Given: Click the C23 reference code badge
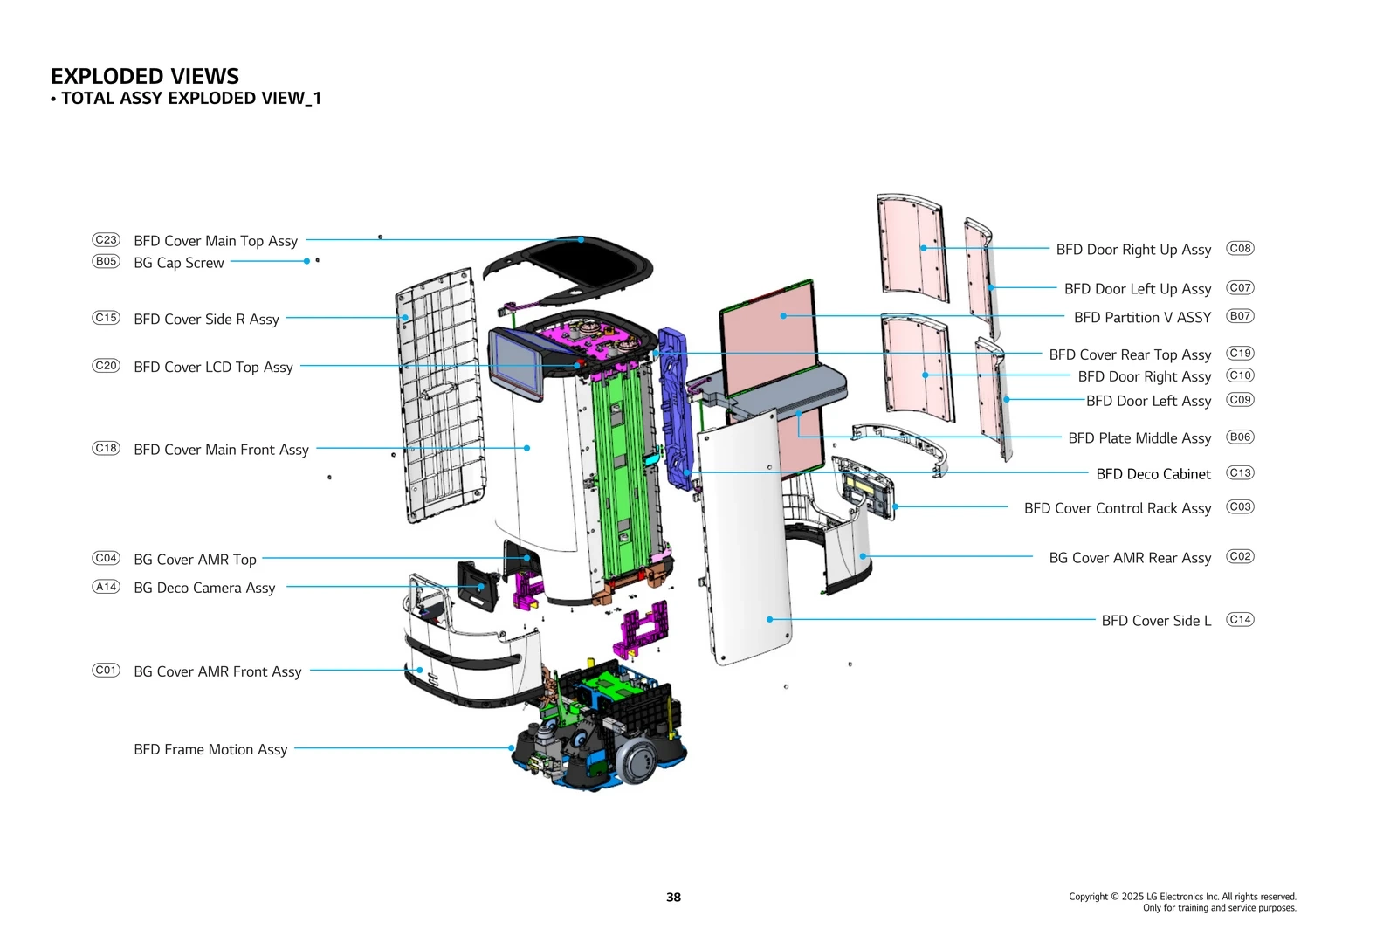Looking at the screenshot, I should click(106, 239).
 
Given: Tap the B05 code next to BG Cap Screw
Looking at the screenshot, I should click(106, 261).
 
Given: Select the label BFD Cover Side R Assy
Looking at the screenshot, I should click(206, 320).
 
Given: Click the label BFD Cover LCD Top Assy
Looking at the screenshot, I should click(213, 368).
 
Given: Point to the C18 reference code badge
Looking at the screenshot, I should click(106, 448).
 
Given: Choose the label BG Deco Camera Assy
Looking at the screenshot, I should click(204, 588).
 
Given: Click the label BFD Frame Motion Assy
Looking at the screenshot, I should click(210, 749).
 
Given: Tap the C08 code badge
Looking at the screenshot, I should click(1240, 248).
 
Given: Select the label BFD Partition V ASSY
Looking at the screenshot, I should click(1142, 318).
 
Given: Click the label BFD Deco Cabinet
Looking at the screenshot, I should click(1153, 474).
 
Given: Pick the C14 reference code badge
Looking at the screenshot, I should click(1240, 619).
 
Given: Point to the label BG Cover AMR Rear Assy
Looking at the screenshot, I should click(1130, 558).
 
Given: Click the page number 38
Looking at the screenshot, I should click(673, 897).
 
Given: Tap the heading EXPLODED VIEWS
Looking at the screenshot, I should click(145, 76).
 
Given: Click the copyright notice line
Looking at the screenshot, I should click(1182, 897).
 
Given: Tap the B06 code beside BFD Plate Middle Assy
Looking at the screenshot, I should click(1240, 437).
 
